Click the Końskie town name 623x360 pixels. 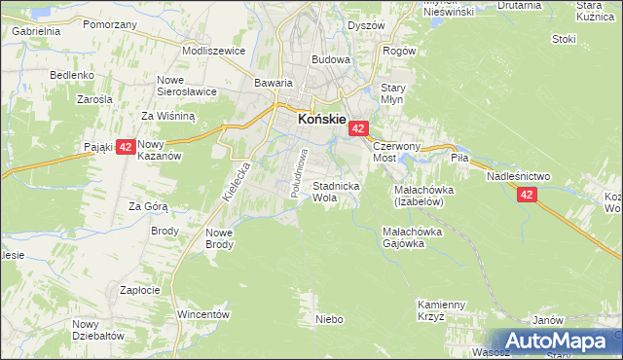320,119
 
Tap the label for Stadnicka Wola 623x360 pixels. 336,191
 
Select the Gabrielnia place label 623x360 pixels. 37,31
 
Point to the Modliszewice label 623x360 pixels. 213,49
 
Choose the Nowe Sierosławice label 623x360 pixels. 184,86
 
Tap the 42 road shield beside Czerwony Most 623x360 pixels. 358,128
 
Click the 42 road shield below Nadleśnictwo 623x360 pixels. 527,195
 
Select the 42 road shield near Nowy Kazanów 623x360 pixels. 125,148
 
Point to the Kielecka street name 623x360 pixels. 238,181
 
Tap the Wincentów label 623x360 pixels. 202,314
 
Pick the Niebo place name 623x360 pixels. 330,318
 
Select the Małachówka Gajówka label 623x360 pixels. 412,238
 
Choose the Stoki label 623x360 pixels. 564,39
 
